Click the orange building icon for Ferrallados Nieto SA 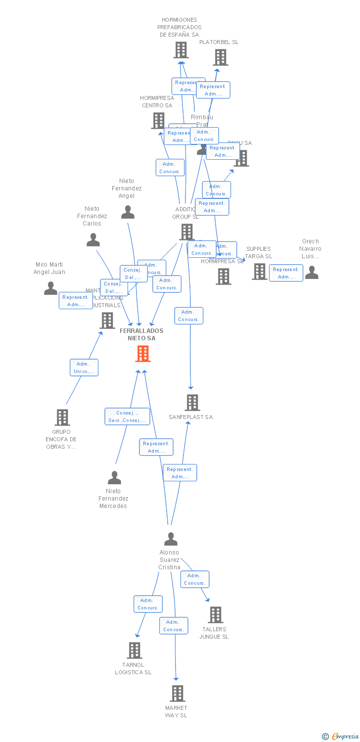coord(143,353)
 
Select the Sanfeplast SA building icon coord(192,403)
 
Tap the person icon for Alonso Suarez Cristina coord(171,539)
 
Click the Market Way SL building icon coord(178,694)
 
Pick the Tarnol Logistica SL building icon coord(135,650)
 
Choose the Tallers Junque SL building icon coord(216,615)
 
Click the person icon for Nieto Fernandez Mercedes coord(114,478)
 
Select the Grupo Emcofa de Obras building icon coord(62,417)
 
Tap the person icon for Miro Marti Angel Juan coord(50,288)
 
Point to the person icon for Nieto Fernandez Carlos coord(93,240)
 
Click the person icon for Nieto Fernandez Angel coord(128,212)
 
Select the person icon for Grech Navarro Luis coord(312,272)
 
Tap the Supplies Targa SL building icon coord(259,272)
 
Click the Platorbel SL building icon coord(221,57)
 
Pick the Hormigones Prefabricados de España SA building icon coord(181,50)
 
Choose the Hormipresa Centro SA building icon coord(158,121)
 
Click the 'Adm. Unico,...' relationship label coord(84,368)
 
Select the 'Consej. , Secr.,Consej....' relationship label coord(127,417)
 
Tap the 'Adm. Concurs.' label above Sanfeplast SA coord(188,316)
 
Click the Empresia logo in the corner coord(340,736)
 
